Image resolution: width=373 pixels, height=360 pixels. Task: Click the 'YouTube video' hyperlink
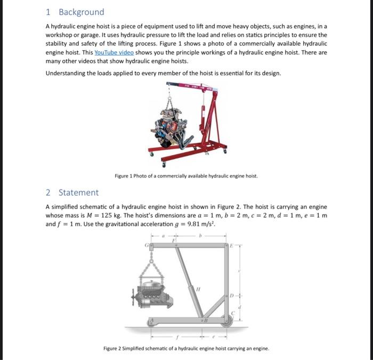point(114,52)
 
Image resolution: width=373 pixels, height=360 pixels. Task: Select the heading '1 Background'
point(75,12)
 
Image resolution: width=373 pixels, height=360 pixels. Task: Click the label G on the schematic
point(146,246)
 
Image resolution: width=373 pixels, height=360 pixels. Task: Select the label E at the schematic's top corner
point(231,245)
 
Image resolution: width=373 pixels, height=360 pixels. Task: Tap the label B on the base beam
point(205,321)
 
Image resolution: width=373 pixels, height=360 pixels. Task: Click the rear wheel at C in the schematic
point(228,322)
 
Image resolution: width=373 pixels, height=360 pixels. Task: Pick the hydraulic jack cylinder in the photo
point(203,113)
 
